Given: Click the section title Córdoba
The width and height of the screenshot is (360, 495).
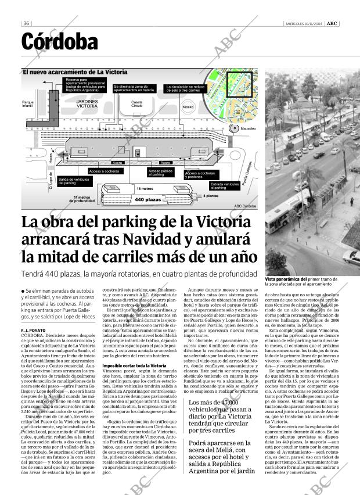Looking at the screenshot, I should click(x=60, y=42).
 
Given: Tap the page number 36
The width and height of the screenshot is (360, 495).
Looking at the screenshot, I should click(x=26, y=23).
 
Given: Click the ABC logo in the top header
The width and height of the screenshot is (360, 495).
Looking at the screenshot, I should click(x=332, y=23).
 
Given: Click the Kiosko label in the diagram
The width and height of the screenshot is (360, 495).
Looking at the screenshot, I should click(x=188, y=107).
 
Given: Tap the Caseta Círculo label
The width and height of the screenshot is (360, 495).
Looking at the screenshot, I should click(x=136, y=104).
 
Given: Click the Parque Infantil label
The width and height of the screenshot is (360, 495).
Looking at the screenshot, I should click(x=28, y=105).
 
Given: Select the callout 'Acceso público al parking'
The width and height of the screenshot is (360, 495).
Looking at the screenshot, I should click(x=160, y=173).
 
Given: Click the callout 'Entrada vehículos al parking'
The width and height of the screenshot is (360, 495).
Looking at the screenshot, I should click(x=224, y=186).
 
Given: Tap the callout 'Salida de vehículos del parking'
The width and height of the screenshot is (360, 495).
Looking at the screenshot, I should click(x=74, y=182).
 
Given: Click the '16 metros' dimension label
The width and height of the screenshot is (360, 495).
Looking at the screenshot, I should click(x=145, y=189).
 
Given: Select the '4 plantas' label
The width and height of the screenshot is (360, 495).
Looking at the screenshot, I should click(x=211, y=196).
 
